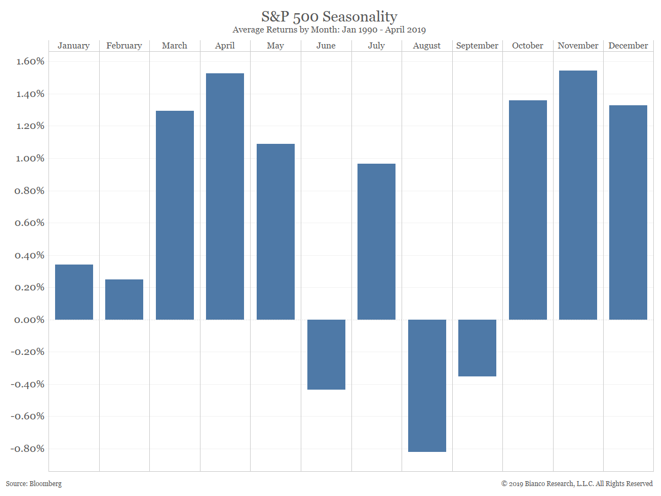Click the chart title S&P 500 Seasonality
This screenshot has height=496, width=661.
[x=329, y=16]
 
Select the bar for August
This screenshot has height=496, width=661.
[x=427, y=385]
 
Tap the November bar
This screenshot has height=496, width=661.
[x=578, y=195]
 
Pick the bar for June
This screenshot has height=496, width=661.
[x=326, y=354]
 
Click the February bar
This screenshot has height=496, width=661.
[x=124, y=299]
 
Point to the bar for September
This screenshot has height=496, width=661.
[x=477, y=348]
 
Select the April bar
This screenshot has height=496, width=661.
[x=225, y=196]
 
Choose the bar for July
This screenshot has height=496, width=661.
[x=376, y=241]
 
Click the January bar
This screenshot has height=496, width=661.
[x=74, y=292]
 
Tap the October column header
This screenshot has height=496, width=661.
[x=527, y=46]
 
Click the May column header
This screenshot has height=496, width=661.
[x=275, y=46]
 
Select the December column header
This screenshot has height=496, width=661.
[x=628, y=46]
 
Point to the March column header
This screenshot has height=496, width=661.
[x=174, y=46]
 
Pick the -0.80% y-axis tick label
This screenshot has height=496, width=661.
[x=26, y=449]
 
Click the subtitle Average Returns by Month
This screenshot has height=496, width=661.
[x=329, y=30]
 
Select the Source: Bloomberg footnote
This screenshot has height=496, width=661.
[x=34, y=483]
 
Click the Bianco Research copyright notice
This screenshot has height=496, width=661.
[x=577, y=483]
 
